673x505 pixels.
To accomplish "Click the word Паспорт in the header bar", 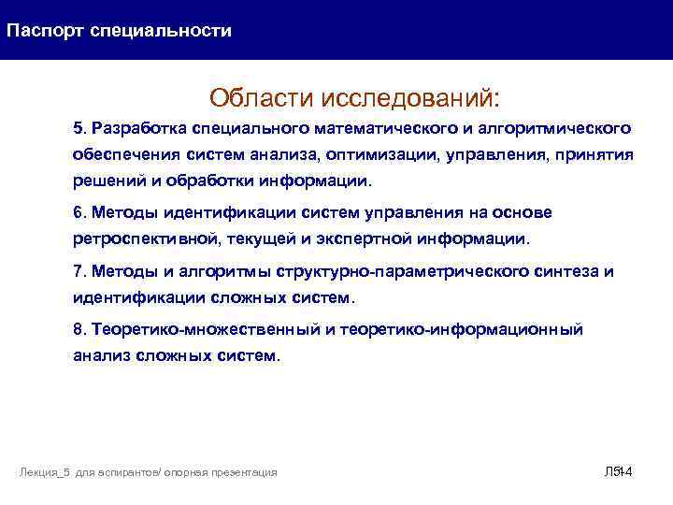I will pos(45,31).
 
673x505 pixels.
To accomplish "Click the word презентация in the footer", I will pos(244,473).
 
